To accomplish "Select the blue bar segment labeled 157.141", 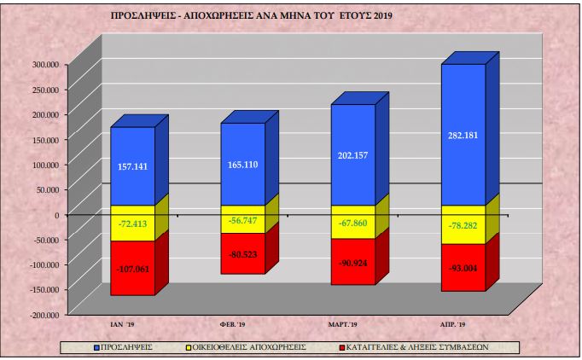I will click(133, 166).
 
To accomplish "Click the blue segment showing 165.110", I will click(243, 165).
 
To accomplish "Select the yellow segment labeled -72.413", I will click(133, 224).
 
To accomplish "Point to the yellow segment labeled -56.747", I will click(243, 219).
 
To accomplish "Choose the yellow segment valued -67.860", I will click(352, 222).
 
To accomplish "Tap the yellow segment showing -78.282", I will click(463, 224).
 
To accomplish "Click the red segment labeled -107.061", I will click(133, 268).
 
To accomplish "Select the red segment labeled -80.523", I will click(243, 253).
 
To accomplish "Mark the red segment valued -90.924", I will click(352, 261).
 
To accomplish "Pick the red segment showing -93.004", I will click(463, 267).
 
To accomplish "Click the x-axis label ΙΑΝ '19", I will click(129, 325).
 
